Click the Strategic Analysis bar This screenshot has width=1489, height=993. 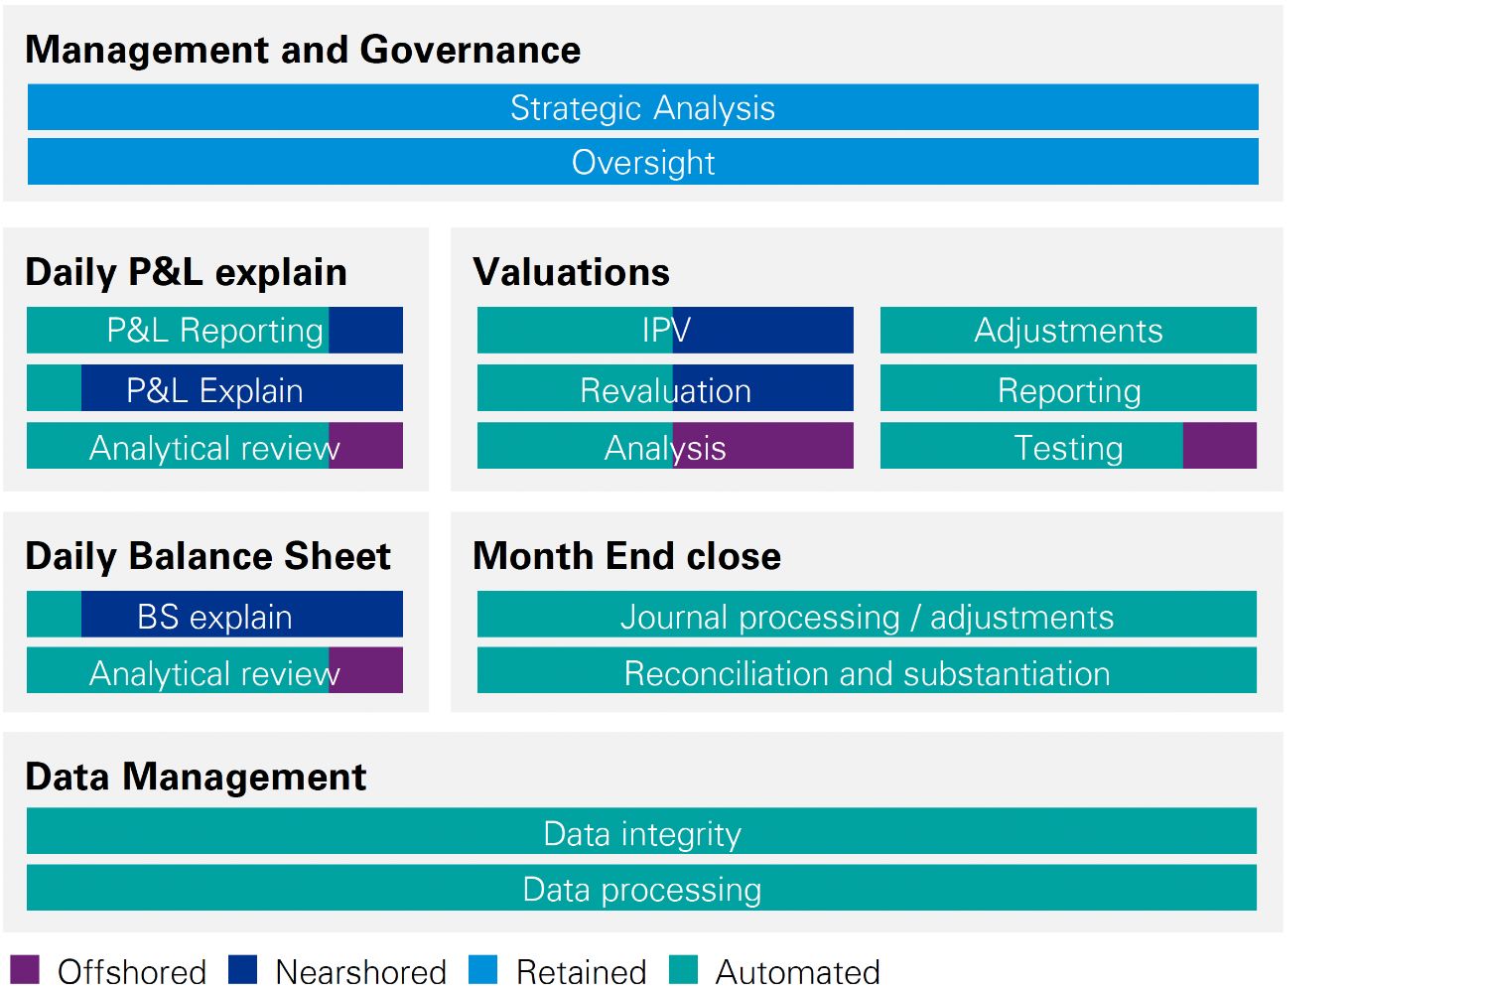pos(643,107)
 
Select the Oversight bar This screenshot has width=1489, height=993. pos(643,162)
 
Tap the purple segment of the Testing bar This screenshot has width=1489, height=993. pos(1220,446)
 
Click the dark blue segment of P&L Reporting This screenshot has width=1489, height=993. pos(365,330)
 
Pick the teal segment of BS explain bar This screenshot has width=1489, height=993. pos(54,614)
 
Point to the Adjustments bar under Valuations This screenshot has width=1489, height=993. pos(1068,330)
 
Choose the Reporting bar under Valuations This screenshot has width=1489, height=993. pos(1068,387)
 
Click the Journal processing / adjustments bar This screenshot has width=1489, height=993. pos(867,614)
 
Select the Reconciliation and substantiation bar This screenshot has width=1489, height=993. pos(867,670)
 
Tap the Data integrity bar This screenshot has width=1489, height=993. pos(641,831)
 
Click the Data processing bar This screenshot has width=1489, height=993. pos(641,888)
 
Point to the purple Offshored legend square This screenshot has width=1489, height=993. pos(25,970)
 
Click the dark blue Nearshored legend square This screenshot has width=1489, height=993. pos(242,970)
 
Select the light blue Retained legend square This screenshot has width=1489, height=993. pos(482,970)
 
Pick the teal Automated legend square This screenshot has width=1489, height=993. pos(683,970)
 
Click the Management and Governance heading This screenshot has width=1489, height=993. pos(303,50)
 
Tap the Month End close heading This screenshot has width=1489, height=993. pos(626,556)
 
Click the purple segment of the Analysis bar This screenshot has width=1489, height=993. pos(763,446)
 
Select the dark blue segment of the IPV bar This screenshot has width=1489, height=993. pos(763,330)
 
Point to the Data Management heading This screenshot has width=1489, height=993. pos(196,777)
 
